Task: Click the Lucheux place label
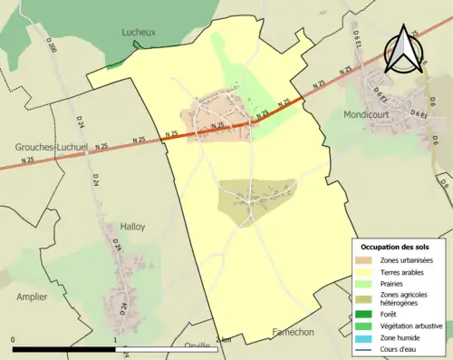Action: click(x=140, y=32)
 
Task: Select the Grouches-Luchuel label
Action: click(x=52, y=146)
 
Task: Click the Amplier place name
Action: click(x=32, y=297)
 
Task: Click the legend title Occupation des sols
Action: click(x=395, y=247)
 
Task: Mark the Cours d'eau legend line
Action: click(x=368, y=348)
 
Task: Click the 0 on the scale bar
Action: click(x=14, y=340)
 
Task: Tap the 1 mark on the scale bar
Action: click(x=115, y=340)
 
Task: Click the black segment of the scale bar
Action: click(x=64, y=349)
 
